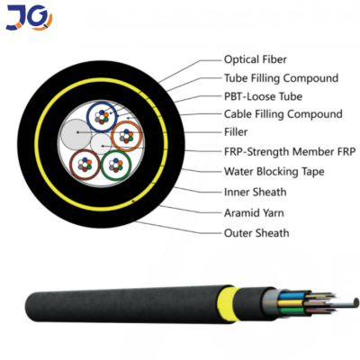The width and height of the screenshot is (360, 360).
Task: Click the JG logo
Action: click(29, 17)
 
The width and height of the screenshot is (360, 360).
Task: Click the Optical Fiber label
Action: click(256, 59)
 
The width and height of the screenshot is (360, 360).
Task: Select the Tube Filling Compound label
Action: click(281, 78)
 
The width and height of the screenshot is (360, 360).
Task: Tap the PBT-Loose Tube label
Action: click(263, 96)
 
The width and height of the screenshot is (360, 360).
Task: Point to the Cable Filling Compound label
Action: click(283, 114)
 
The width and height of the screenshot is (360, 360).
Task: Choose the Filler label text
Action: click(236, 131)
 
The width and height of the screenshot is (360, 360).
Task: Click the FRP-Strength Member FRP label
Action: click(290, 151)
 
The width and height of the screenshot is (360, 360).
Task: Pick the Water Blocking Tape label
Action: click(274, 171)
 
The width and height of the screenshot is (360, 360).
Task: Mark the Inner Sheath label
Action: click(256, 192)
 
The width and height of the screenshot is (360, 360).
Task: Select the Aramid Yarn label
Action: click(254, 212)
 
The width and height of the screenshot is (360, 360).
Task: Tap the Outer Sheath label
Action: click(256, 233)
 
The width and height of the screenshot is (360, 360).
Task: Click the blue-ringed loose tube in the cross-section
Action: click(102, 117)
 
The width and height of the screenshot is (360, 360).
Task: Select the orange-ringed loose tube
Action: click(126, 136)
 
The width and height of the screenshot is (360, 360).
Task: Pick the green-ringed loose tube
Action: click(116, 166)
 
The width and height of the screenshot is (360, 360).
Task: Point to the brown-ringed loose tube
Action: click(85, 165)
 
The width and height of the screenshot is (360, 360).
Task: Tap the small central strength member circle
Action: click(102, 145)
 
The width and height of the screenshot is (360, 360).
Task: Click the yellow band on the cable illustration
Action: click(228, 304)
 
